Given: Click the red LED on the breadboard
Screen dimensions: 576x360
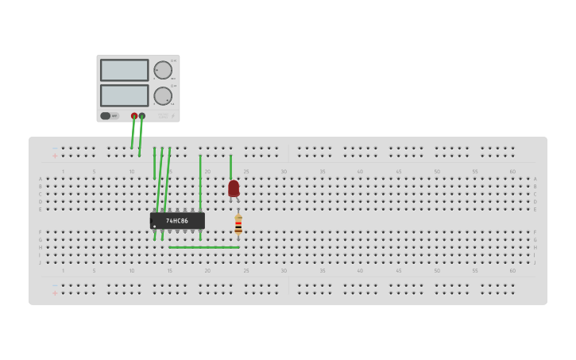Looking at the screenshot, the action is click(x=234, y=188).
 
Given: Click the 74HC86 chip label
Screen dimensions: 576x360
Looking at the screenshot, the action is click(x=177, y=221).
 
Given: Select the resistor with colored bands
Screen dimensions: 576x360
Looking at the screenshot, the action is click(x=238, y=225).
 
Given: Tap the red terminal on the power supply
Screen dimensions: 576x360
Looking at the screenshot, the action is click(x=134, y=116).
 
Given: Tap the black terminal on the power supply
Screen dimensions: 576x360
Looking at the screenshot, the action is click(x=142, y=116).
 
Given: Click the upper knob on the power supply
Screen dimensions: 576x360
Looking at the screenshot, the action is click(x=163, y=70).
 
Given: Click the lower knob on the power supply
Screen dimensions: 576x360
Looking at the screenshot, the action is click(x=163, y=96).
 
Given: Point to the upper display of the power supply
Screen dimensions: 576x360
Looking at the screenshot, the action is click(x=124, y=70).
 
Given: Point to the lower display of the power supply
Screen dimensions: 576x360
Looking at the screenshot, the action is click(x=124, y=95).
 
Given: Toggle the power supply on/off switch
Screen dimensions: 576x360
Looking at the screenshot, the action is click(x=106, y=116).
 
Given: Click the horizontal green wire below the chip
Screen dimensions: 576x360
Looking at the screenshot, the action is click(x=204, y=247).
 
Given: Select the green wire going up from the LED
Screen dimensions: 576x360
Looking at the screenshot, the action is click(x=231, y=166).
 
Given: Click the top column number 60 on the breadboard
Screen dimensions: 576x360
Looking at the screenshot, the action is click(x=512, y=172).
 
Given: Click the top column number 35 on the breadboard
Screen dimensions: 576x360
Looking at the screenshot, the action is click(x=322, y=172).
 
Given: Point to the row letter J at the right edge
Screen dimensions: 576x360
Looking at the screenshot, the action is click(x=535, y=262).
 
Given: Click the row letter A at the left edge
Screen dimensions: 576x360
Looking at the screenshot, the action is click(x=41, y=179).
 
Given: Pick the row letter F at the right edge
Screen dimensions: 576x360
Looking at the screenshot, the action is click(x=535, y=232).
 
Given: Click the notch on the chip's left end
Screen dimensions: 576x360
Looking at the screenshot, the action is click(x=152, y=221).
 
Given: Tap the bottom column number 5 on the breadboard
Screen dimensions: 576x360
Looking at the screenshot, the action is click(x=94, y=270).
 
